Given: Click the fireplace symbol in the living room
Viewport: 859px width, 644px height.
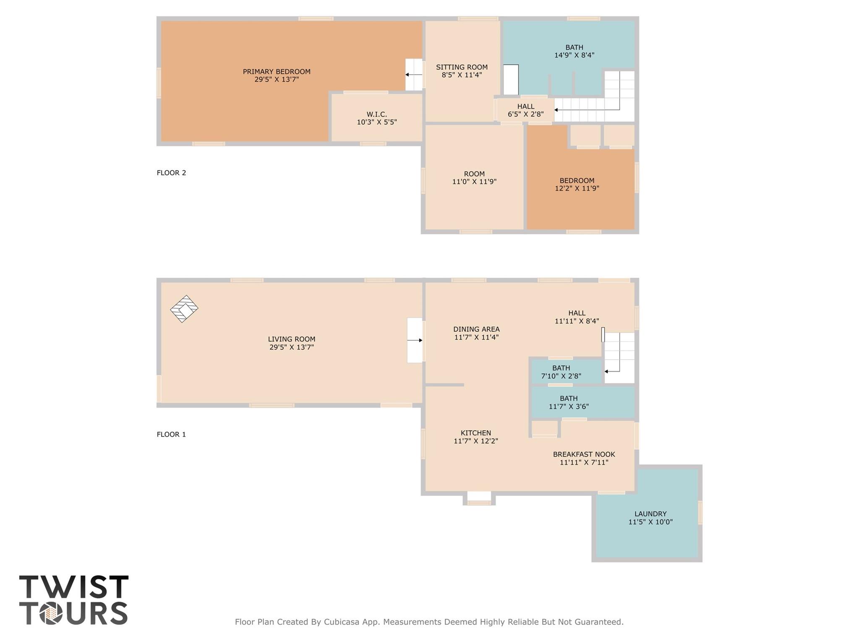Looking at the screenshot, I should [x=184, y=309].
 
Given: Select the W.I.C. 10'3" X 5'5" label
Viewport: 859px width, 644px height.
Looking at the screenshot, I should [x=376, y=118].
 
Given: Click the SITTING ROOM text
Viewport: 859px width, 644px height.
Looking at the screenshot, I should [x=462, y=67].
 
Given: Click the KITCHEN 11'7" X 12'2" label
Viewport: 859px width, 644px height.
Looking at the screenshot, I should [x=475, y=437].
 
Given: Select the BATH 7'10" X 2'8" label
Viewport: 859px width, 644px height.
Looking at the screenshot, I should [x=561, y=372].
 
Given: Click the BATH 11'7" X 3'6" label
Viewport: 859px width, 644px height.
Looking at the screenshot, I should [x=569, y=402].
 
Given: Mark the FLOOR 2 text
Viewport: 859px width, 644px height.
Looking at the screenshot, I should [x=171, y=173].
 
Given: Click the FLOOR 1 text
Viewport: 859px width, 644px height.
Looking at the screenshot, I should [x=171, y=435].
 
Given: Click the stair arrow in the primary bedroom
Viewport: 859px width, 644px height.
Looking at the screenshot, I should [x=413, y=75].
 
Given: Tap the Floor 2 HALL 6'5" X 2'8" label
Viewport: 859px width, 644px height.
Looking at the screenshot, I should [x=525, y=110].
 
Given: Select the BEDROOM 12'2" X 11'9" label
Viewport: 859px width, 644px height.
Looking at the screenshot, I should [x=577, y=185].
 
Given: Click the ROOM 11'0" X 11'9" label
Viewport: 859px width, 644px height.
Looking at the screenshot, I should [x=474, y=178].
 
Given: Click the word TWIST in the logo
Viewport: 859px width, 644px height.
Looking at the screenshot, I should [x=74, y=587].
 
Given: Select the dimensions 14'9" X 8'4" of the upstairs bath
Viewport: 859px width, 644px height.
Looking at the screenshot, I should [x=574, y=55].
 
